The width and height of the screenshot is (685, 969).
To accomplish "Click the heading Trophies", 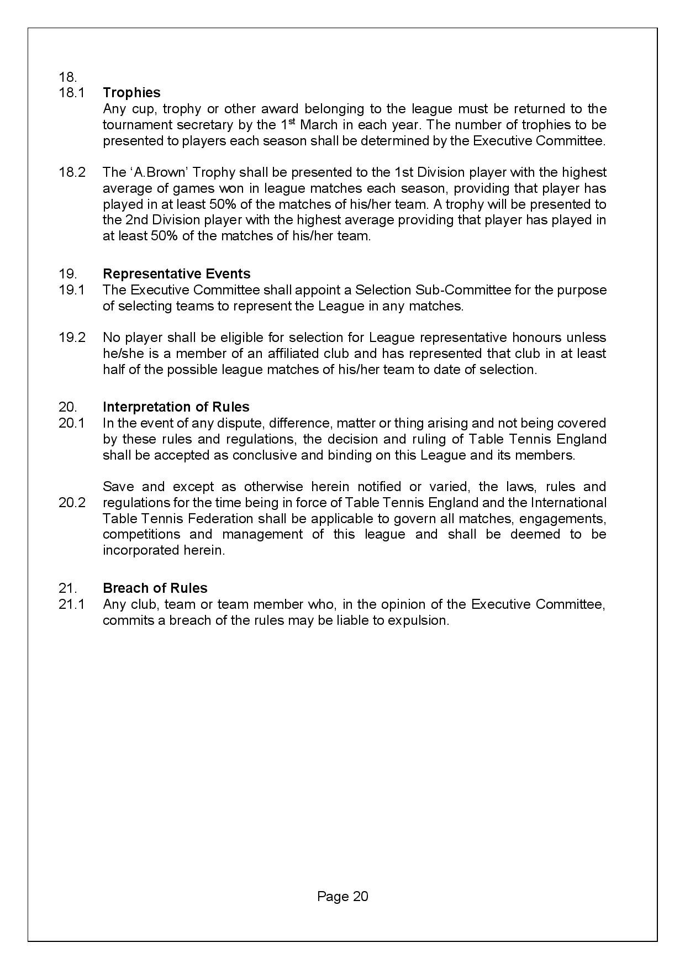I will click(x=131, y=93).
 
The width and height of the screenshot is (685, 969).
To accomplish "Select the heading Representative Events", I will click(x=176, y=274).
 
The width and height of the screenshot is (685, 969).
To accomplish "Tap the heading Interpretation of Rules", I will click(x=176, y=407).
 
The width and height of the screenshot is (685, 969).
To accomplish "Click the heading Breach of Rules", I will click(x=155, y=588).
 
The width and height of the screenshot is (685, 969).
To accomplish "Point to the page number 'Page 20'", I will click(x=342, y=896).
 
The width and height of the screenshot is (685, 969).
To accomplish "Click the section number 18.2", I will click(x=72, y=172).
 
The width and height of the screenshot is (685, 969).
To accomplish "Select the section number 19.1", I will click(x=72, y=290).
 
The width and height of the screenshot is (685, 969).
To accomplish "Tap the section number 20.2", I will click(x=72, y=503).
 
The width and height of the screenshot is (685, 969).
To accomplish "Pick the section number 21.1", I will click(x=72, y=604).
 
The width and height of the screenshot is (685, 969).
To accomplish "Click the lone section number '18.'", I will click(x=67, y=77).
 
